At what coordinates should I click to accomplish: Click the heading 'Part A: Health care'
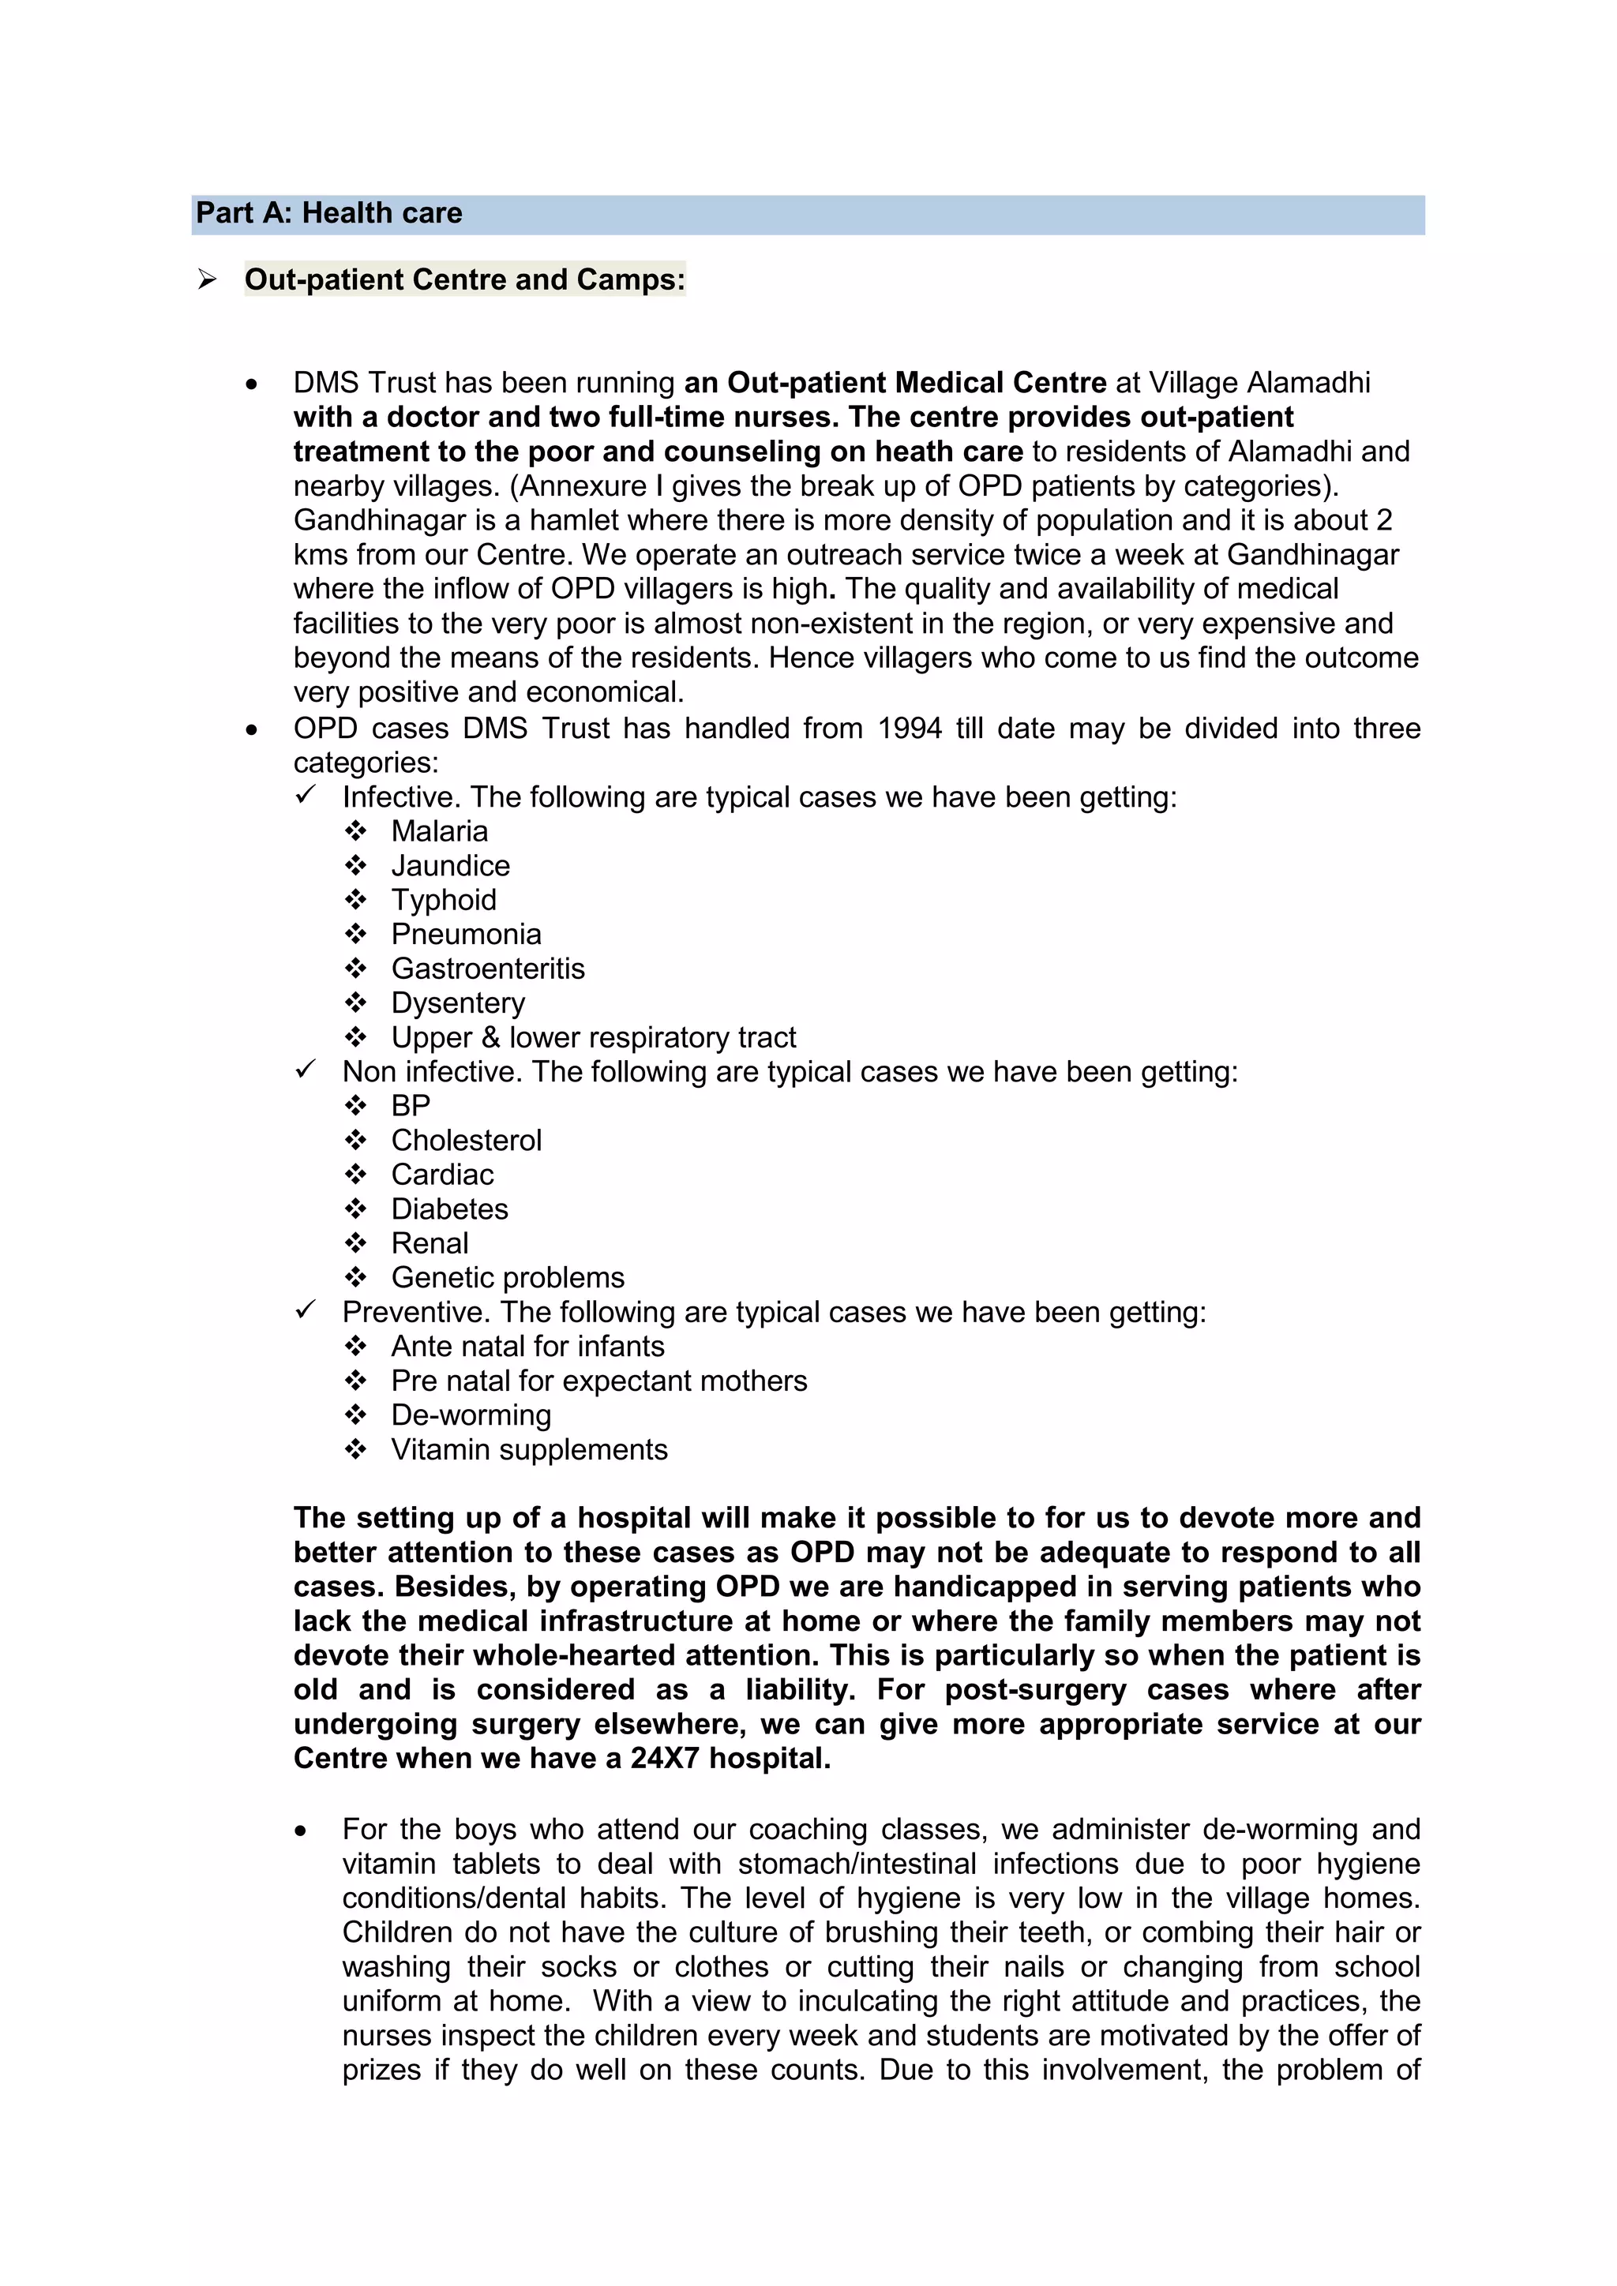click(328, 213)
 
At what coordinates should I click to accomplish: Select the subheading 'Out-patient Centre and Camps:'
click(464, 279)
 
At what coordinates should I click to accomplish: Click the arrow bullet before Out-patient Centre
click(207, 279)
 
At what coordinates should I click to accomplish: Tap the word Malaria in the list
click(439, 831)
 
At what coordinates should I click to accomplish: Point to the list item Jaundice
click(450, 866)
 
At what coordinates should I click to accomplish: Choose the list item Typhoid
click(443, 900)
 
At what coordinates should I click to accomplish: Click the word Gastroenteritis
click(488, 969)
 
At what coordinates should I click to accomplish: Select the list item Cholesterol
click(466, 1140)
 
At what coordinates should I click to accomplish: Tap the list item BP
click(411, 1106)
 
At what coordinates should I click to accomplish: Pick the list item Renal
click(430, 1243)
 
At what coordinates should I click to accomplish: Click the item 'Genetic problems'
click(508, 1277)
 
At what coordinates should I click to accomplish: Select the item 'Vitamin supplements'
click(529, 1449)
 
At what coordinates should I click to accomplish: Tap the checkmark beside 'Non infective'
click(306, 1070)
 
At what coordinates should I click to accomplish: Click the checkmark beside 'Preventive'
click(306, 1310)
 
